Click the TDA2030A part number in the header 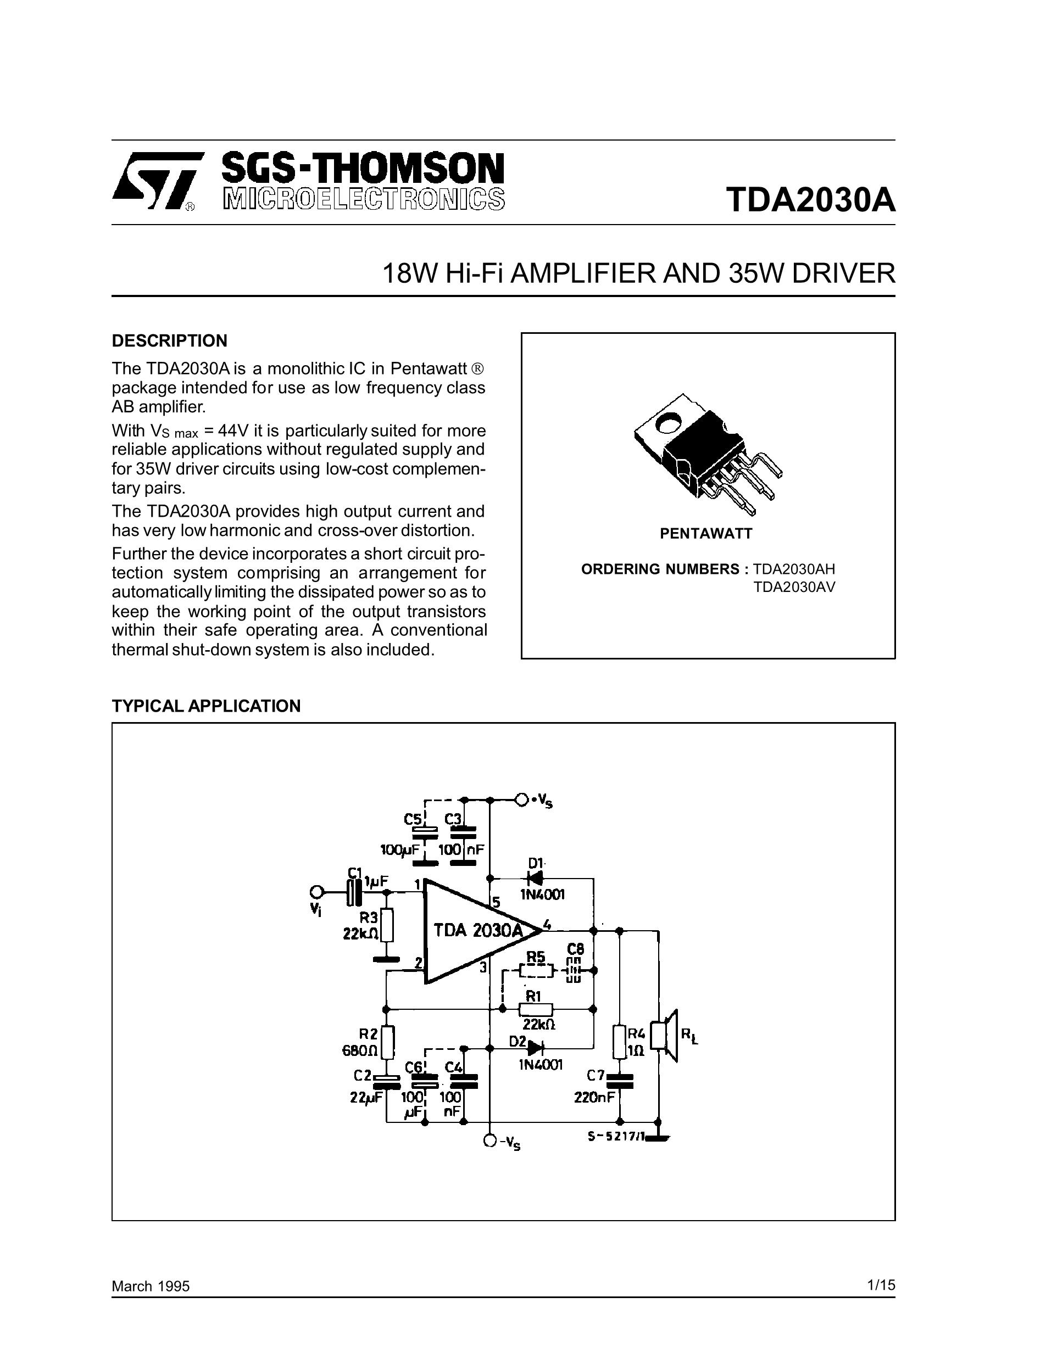[x=810, y=199]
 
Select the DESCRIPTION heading [x=169, y=341]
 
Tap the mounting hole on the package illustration [x=669, y=424]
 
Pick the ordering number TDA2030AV [x=794, y=586]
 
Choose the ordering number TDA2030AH [x=794, y=569]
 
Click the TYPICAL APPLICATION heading [x=205, y=706]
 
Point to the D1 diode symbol [x=534, y=878]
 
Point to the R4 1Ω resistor [x=619, y=1042]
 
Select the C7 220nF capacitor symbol [x=619, y=1081]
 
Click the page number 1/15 [x=881, y=1285]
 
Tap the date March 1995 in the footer [x=151, y=1287]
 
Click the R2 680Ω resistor [x=387, y=1042]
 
